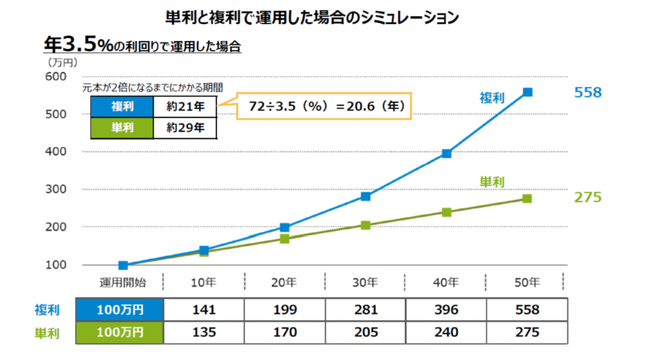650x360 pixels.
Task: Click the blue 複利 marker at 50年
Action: [527, 92]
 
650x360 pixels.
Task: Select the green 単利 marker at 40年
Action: [446, 212]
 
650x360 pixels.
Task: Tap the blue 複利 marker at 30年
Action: [366, 196]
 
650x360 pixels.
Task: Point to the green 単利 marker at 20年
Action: [284, 239]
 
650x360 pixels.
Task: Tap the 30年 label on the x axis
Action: [366, 281]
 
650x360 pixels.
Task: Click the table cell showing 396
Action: [446, 310]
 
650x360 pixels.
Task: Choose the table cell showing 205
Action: [366, 332]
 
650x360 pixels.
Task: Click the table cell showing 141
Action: [204, 310]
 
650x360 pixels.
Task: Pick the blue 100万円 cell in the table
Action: [120, 310]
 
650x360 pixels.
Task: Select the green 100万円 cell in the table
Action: [120, 332]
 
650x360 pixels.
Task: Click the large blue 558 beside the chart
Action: [587, 93]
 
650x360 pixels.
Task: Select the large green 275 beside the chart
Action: [587, 197]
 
